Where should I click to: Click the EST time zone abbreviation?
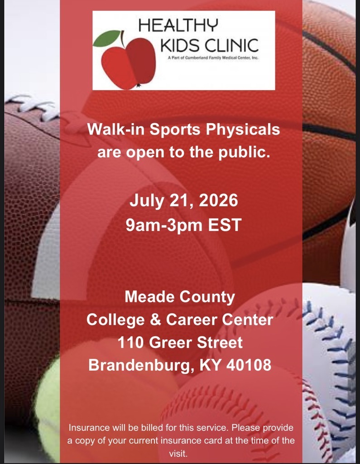pyautogui.click(x=223, y=225)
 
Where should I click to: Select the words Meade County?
pyautogui.click(x=180, y=297)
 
